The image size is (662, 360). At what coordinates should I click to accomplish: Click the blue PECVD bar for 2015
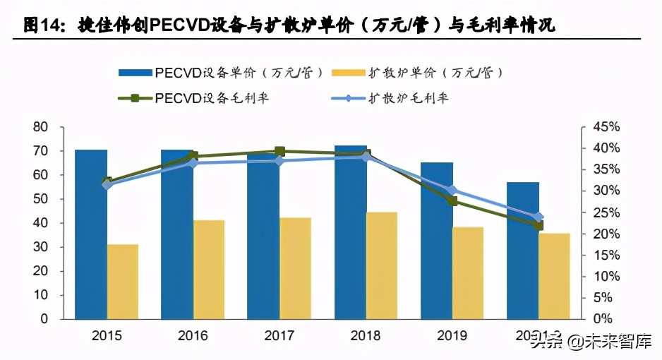[91, 234]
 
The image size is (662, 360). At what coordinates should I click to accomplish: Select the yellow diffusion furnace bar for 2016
[209, 269]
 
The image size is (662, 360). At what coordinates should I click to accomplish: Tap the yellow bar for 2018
[382, 265]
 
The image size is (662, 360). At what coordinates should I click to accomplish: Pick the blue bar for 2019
[437, 240]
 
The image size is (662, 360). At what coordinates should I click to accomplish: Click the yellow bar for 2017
[295, 268]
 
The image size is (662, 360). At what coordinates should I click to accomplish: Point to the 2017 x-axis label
[279, 336]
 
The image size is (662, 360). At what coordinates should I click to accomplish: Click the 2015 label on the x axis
[107, 336]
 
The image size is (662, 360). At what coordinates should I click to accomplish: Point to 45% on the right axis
[604, 127]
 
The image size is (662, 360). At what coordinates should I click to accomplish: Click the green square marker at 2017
[279, 151]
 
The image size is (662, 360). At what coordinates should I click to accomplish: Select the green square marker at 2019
[452, 201]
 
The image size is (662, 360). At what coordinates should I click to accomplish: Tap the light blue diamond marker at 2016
[193, 163]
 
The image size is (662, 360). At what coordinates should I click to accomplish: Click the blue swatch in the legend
[134, 72]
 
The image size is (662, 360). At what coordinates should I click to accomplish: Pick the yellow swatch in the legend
[347, 72]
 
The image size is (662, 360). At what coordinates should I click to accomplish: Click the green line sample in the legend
[134, 97]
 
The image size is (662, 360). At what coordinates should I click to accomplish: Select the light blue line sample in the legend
[347, 97]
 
